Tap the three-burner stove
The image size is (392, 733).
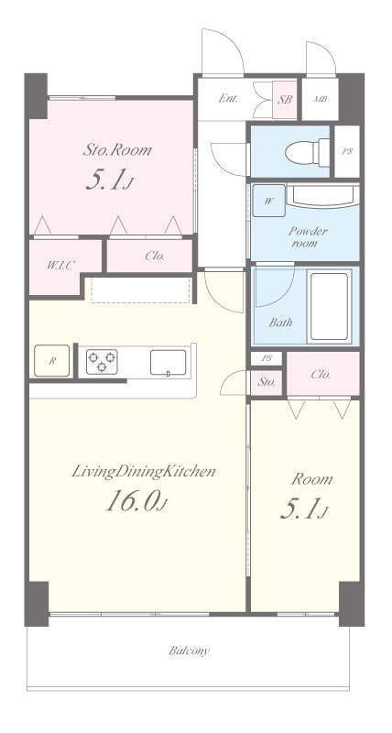pos(102,361)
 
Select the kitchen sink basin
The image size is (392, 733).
pos(168,362)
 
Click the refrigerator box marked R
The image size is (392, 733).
pos(52,361)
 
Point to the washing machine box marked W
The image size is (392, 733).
pos(268,201)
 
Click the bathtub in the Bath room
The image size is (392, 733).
pos(330,307)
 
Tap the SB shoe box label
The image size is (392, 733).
pos(285,100)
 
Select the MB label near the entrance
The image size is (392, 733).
pos(320,100)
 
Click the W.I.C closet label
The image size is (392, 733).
pos(60,266)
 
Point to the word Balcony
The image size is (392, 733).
pos(190,651)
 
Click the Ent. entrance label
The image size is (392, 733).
pos(228,99)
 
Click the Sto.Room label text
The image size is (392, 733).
pos(117,150)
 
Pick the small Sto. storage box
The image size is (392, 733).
pos(267,383)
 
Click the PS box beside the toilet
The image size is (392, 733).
pos(347,152)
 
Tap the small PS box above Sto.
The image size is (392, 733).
pos(267,358)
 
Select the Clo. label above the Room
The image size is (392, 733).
pos(321,375)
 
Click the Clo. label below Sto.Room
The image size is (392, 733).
pos(154,256)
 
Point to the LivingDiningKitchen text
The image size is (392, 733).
pos(144,471)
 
